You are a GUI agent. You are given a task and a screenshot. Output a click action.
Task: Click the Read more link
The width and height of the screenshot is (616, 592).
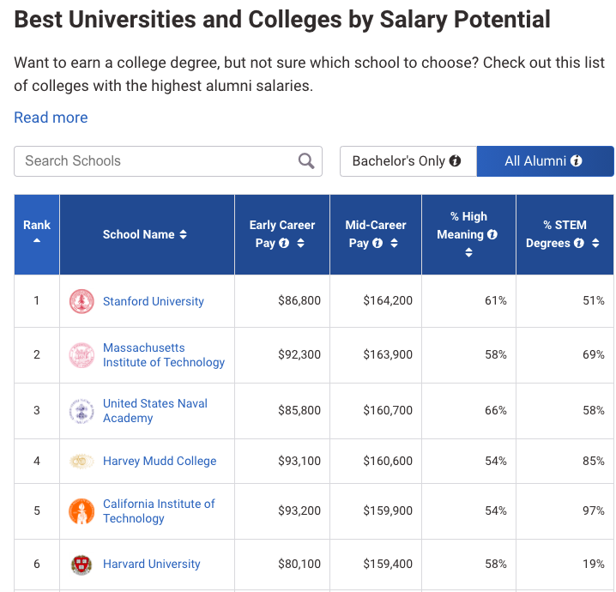[x=51, y=118]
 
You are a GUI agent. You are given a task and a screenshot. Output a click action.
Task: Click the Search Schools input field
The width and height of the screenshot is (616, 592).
[x=154, y=161]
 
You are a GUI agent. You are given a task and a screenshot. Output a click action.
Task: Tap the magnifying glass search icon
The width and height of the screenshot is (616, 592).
[x=305, y=161]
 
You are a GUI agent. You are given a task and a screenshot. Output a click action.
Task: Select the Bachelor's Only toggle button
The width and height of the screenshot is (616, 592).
[x=407, y=161]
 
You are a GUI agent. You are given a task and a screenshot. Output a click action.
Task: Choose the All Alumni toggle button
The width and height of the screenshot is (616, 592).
[x=544, y=161]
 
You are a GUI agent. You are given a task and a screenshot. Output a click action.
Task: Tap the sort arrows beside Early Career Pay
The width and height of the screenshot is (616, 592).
[x=300, y=244]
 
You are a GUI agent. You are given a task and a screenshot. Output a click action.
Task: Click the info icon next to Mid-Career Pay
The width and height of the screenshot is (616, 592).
[x=378, y=244]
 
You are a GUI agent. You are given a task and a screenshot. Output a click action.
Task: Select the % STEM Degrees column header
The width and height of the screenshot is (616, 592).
[x=565, y=234]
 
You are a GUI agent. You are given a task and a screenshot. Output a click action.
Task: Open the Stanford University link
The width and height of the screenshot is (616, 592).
[x=154, y=301]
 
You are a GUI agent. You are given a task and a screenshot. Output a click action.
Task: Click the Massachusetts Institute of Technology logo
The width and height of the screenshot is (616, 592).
[x=82, y=355]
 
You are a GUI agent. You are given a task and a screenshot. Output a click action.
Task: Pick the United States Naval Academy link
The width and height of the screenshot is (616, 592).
[x=155, y=410]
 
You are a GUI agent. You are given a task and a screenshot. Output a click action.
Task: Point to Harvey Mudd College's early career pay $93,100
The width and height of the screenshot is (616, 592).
[x=299, y=462]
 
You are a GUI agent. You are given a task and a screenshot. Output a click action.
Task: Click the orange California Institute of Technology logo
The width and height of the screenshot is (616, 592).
[x=82, y=511]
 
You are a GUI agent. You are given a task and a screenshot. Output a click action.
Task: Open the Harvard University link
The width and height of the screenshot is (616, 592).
[x=152, y=565]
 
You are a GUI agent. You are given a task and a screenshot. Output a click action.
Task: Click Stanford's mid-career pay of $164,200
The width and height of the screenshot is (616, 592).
[x=388, y=301]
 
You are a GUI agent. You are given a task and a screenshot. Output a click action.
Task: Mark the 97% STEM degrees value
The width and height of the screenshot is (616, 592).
[x=593, y=511]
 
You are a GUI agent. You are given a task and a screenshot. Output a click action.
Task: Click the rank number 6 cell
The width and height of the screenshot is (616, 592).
[x=37, y=565]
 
